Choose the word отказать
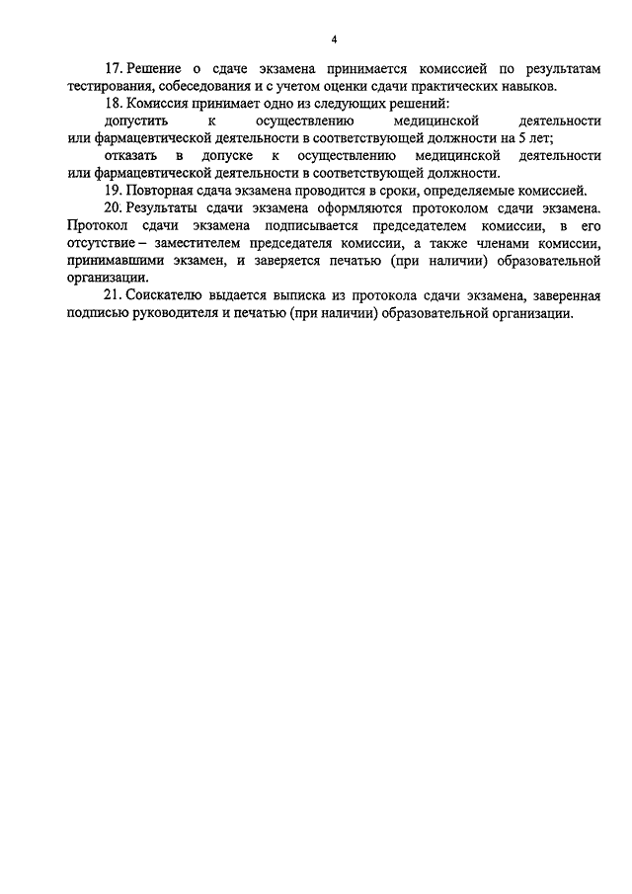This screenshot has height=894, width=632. click(x=133, y=156)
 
